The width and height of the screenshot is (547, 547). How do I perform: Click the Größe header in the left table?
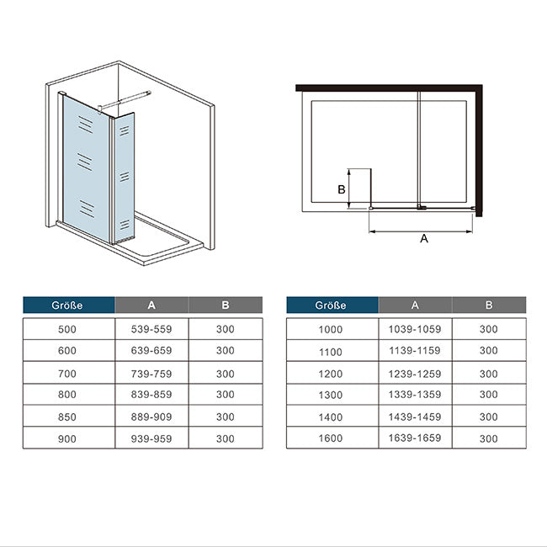(67, 305)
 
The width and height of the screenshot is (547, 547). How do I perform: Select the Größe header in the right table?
(331, 305)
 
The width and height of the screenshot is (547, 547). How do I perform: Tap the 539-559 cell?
(151, 329)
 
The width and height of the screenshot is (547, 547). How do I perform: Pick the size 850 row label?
(67, 417)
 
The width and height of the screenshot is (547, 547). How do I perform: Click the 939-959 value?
(151, 438)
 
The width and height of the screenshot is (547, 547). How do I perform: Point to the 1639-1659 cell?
(415, 438)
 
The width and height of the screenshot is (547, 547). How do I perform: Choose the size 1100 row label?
(331, 352)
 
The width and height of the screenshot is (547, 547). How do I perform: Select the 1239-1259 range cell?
(415, 374)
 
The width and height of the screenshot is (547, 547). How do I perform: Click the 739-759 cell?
(151, 374)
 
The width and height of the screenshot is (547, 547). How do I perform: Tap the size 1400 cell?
(331, 417)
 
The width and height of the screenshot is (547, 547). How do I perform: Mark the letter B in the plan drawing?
(342, 189)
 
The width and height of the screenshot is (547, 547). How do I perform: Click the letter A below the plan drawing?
(424, 239)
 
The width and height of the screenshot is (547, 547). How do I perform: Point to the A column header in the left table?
(151, 305)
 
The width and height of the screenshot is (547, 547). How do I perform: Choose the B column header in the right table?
(489, 305)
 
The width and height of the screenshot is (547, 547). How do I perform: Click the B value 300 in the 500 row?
(225, 329)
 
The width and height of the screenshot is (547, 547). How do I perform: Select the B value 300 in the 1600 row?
(488, 438)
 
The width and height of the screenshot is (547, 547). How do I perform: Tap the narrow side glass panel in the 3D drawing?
(125, 178)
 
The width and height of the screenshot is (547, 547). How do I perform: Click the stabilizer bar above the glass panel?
(125, 99)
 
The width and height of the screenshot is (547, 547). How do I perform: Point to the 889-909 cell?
(151, 417)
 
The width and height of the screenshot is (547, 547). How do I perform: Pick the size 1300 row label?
(331, 395)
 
